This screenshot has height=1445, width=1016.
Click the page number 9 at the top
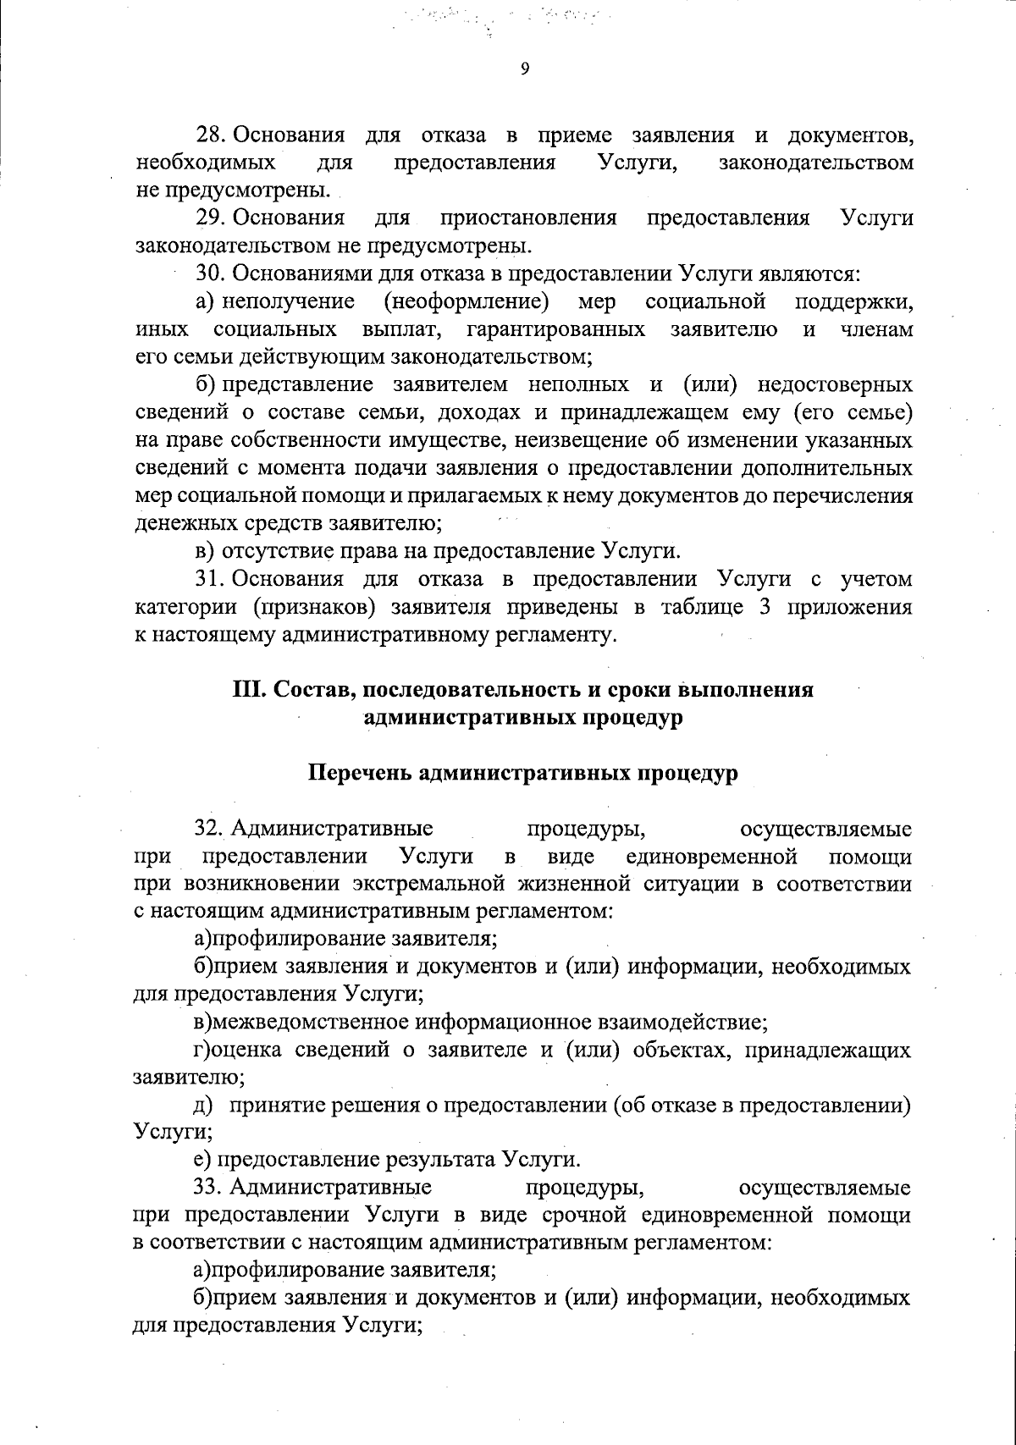coord(524,69)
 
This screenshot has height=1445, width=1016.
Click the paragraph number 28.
coord(209,135)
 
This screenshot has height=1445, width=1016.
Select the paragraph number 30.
coord(209,273)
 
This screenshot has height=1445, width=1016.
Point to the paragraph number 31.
coord(209,579)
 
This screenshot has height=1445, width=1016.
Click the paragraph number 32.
coord(209,829)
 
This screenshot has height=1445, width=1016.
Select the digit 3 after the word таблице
coord(765,607)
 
